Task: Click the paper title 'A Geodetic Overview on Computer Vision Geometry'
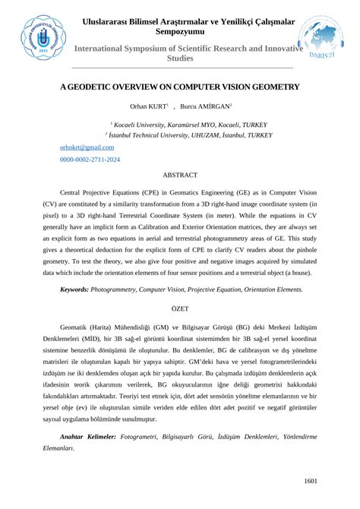coord(179,87)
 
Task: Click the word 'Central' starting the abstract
coord(77,194)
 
